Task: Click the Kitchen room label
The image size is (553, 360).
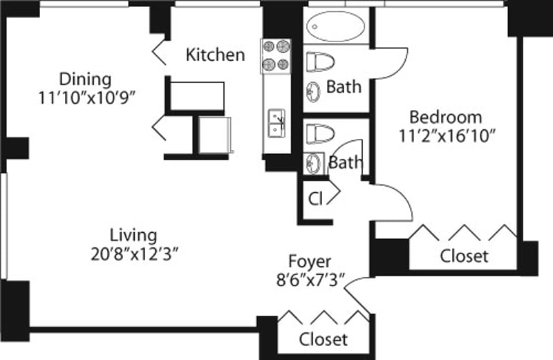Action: tap(215, 55)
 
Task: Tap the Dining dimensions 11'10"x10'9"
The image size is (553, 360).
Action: tap(86, 97)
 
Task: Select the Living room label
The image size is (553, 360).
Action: tap(133, 235)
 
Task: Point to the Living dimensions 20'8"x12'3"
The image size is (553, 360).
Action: tap(133, 253)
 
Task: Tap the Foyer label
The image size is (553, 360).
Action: tap(310, 262)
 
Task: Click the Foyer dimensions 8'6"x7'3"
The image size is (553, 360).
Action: tap(310, 281)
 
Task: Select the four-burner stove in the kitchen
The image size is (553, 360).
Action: tap(275, 56)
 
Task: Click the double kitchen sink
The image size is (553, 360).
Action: tap(277, 122)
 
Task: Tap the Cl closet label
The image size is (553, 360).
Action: tap(315, 200)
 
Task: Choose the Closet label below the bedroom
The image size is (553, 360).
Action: tap(464, 256)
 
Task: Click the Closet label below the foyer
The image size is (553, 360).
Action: tap(323, 339)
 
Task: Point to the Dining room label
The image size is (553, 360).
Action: tap(85, 78)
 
